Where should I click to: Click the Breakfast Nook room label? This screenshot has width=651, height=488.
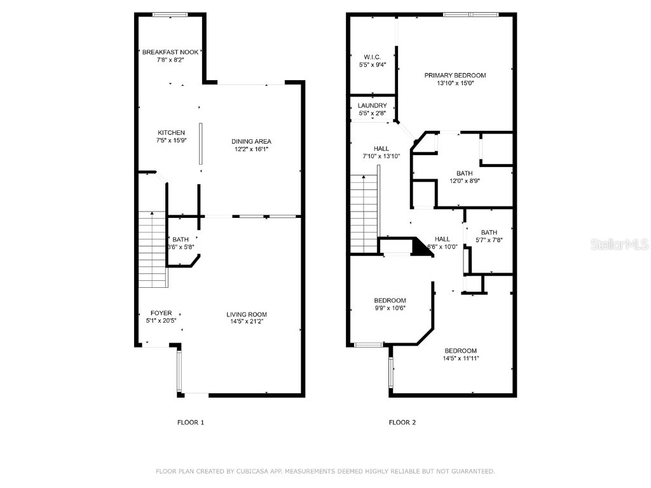pos(170,52)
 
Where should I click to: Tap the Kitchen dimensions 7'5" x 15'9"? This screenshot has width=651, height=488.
pos(171,140)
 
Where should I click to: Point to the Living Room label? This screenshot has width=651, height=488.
pos(247,314)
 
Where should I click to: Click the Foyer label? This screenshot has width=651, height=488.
pos(160,313)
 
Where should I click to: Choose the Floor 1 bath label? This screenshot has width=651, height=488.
pos(181,240)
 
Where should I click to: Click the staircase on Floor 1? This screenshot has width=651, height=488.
pos(152,248)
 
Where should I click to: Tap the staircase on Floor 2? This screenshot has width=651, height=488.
pos(364,213)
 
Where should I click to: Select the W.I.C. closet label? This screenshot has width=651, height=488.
pos(372,57)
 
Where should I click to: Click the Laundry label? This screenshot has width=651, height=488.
pos(372,105)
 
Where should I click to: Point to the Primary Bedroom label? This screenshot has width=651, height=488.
pos(455,75)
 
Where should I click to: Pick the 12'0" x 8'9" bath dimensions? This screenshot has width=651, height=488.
pos(464,180)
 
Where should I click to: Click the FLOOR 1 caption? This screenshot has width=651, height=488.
pos(190,422)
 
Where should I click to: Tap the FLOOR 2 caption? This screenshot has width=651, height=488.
pos(402,422)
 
